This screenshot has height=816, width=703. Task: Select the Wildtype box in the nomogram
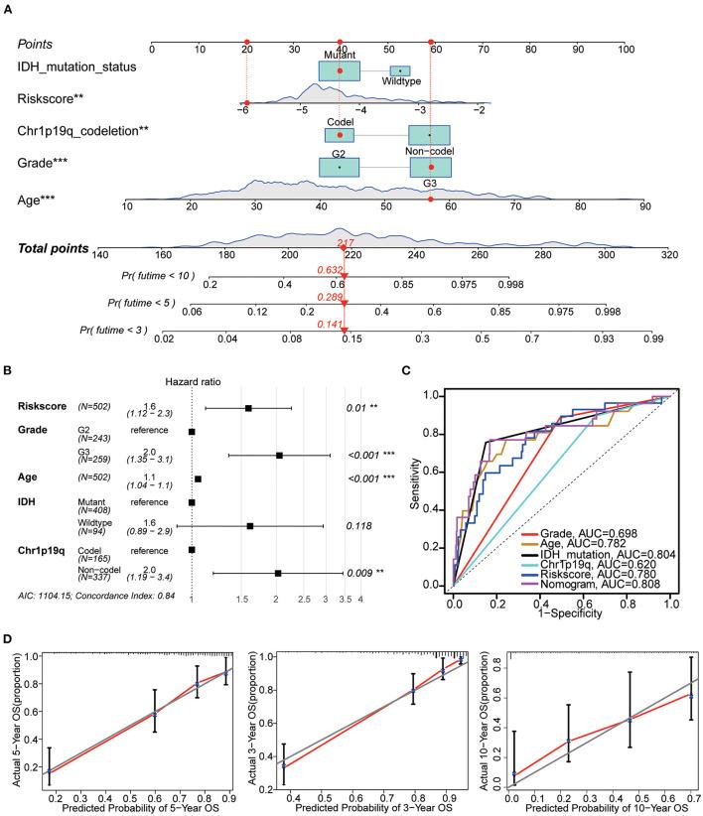coord(399,71)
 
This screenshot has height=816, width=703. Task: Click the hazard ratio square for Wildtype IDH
coord(250,499)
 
